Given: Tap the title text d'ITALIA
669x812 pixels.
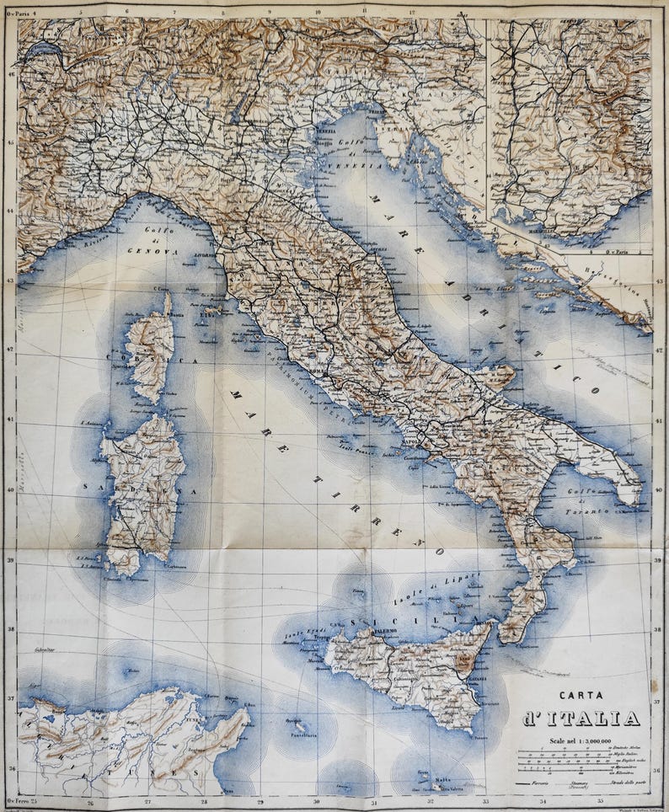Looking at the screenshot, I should [x=581, y=718].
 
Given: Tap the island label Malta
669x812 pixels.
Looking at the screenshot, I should [x=442, y=780].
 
